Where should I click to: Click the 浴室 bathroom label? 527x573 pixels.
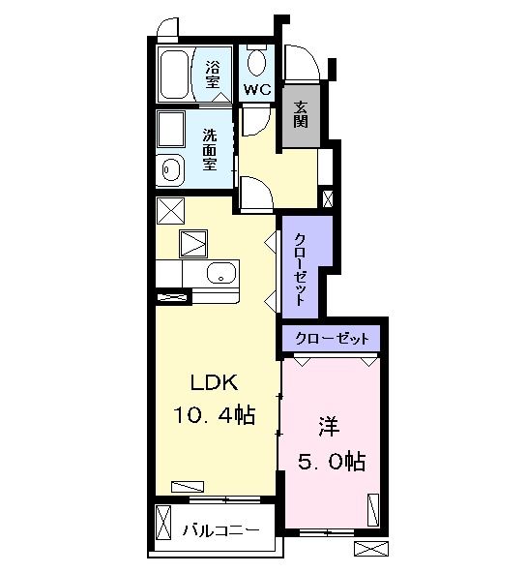[x=213, y=73]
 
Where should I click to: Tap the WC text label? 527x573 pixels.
[x=256, y=90]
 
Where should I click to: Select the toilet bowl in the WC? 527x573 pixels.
[x=256, y=63]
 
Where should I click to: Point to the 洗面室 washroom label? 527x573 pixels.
[x=210, y=150]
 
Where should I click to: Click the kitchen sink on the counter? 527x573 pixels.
[x=220, y=272]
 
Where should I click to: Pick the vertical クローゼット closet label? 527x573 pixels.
[x=301, y=268]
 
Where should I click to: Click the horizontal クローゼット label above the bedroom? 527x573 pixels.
[x=331, y=339]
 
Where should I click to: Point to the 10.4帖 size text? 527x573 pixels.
[x=215, y=417]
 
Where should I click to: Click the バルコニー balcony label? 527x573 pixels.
[x=222, y=531]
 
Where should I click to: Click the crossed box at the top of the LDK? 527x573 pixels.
[x=170, y=210]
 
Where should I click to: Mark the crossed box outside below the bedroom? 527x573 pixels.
[x=369, y=548]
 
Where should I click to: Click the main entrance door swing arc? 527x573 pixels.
[x=303, y=62]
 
